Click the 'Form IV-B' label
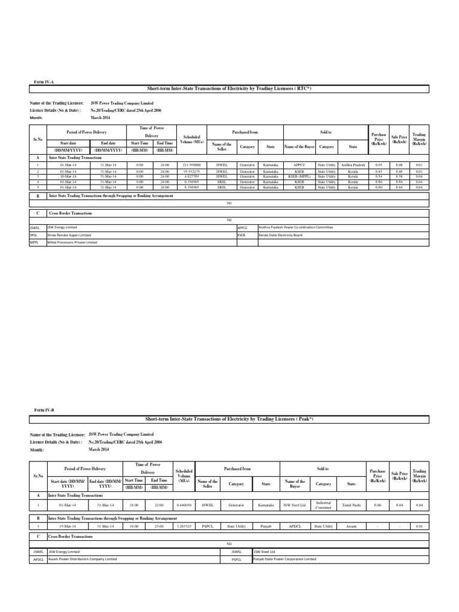pyautogui.click(x=45, y=411)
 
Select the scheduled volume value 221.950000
pyautogui.click(x=191, y=164)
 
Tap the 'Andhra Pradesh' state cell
pyautogui.click(x=353, y=164)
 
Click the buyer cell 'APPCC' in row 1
pyautogui.click(x=299, y=164)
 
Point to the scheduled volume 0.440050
pyautogui.click(x=185, y=505)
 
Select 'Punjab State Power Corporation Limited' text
pyautogui.click(x=284, y=559)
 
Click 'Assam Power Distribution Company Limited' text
pyautogui.click(x=82, y=559)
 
